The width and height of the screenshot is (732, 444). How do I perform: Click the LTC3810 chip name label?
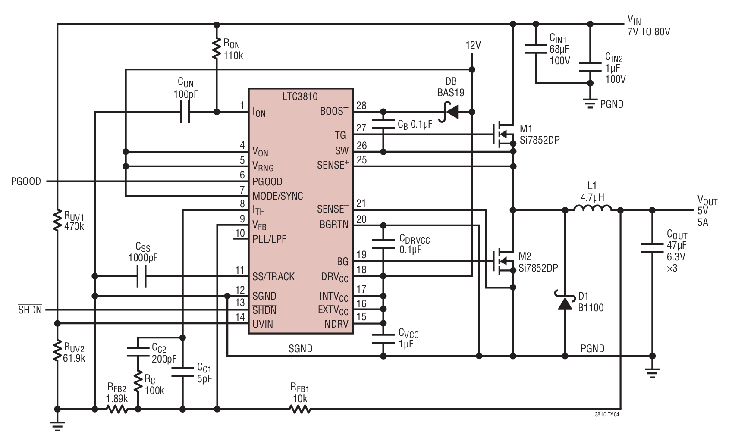[x=300, y=96]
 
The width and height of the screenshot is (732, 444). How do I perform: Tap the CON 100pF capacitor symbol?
[x=185, y=112]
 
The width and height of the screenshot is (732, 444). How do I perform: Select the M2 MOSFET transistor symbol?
[x=504, y=261]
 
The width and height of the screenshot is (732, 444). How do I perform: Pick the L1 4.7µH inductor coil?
[x=593, y=209]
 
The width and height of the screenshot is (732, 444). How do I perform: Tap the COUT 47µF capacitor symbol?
[x=652, y=248]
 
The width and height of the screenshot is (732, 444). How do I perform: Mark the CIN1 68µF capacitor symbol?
[x=536, y=49]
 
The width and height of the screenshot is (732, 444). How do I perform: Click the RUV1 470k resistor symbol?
[x=57, y=220]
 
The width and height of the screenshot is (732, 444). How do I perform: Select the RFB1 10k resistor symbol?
[x=300, y=409]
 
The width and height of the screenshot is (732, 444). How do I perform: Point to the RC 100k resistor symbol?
[x=138, y=381]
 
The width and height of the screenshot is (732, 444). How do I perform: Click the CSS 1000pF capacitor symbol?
[x=141, y=276]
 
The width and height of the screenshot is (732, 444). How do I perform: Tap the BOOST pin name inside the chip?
[x=334, y=111]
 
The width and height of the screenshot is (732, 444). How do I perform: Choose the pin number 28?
[x=361, y=106]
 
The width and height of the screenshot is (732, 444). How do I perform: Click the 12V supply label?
[x=473, y=45]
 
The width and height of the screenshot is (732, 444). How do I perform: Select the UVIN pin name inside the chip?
[x=262, y=324]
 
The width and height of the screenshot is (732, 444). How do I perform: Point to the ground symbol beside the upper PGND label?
[x=590, y=103]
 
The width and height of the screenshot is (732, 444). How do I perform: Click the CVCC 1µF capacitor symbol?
[x=383, y=339]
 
